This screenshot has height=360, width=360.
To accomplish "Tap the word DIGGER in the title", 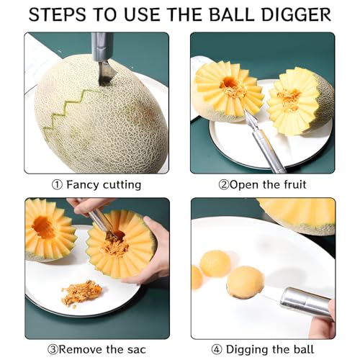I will [x=293, y=14].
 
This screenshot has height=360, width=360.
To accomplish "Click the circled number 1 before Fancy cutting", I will [x=57, y=185].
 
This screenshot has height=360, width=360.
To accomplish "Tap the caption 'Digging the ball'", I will [x=270, y=351].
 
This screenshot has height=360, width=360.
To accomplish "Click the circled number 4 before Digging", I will [x=217, y=351].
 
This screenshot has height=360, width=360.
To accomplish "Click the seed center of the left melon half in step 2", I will [x=232, y=89].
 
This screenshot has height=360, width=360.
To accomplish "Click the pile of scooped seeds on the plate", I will [x=80, y=293].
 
